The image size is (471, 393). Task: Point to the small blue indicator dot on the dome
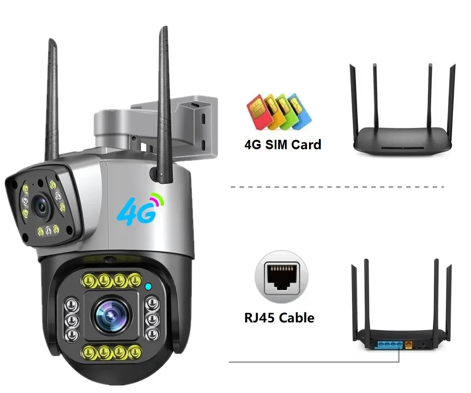(x=148, y=286)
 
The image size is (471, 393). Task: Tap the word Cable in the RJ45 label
(x=297, y=318)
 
